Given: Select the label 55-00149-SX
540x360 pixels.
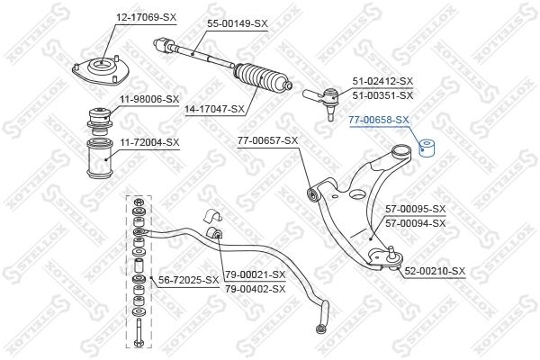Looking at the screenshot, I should [x=238, y=22].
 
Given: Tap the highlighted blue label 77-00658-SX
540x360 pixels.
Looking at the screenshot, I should [x=379, y=119].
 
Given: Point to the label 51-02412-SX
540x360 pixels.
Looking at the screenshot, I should [x=382, y=82].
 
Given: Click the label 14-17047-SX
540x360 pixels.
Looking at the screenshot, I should [x=214, y=109].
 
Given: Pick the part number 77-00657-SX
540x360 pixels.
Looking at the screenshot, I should [x=267, y=140].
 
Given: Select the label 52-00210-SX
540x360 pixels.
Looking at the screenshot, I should [x=435, y=271].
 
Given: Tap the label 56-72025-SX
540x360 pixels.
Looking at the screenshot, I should [x=189, y=280].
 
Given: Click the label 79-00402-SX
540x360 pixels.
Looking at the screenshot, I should [x=255, y=288].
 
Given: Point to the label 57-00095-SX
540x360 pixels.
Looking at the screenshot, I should [x=415, y=209].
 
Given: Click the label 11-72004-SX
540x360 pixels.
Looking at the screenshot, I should [x=148, y=142].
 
